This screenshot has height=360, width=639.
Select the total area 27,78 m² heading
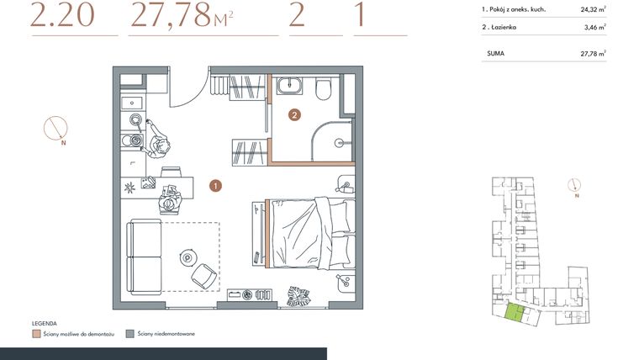click(x=182, y=16)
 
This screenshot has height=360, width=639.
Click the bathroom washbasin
click(x=292, y=85)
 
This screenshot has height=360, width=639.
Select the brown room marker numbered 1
click(x=215, y=184)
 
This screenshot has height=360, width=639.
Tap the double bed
click(x=307, y=232)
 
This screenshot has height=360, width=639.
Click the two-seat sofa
click(x=142, y=254)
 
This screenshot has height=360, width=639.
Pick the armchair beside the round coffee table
click(x=203, y=274)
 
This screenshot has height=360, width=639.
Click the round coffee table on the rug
click(x=186, y=257)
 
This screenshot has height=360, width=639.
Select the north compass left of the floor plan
click(x=56, y=128)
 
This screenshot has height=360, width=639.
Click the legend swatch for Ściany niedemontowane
click(x=129, y=334)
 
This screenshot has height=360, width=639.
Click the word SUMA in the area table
click(x=495, y=53)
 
